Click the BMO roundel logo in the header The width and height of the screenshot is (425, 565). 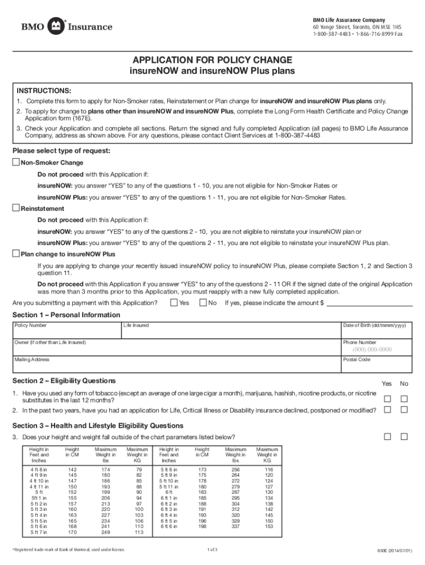56,26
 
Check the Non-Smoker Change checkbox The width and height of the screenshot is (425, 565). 16,162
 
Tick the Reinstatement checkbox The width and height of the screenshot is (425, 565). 16,208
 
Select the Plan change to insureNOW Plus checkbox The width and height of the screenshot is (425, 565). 16,254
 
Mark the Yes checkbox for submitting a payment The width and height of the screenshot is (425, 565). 174,302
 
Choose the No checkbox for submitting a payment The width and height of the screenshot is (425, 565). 203,302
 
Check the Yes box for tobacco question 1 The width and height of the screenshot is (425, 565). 387,398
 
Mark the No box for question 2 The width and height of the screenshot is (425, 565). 404,409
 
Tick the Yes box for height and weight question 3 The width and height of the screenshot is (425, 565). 387,436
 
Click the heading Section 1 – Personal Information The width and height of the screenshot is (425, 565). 66,315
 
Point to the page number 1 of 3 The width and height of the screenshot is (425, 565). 212,550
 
